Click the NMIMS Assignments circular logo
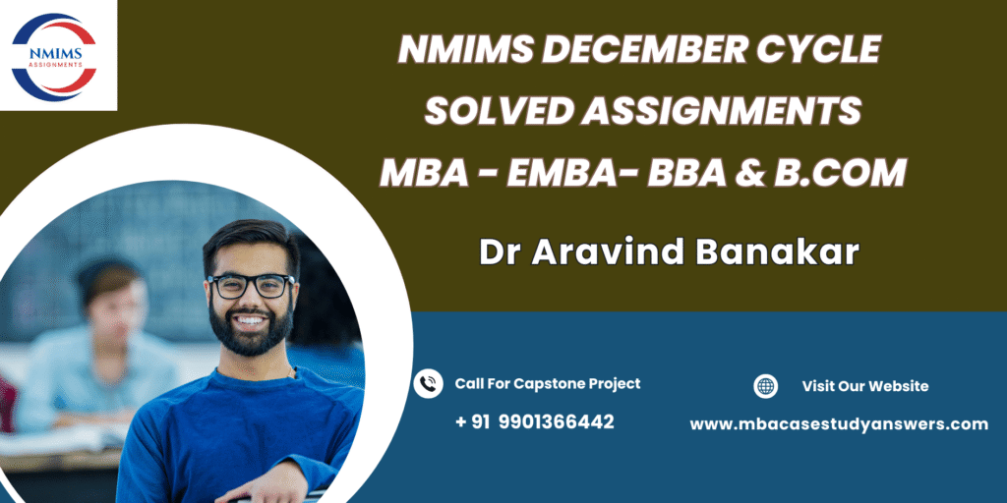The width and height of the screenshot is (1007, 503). point(54,57)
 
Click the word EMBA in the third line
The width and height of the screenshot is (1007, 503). point(565,173)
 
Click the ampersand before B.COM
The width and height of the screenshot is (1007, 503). point(750,173)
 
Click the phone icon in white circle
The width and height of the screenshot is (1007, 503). point(429,384)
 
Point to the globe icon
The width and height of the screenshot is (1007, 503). point(765,386)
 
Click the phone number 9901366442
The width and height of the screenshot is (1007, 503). point(556,421)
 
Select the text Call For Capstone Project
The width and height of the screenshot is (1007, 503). point(548,384)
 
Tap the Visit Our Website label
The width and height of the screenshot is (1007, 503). point(865,386)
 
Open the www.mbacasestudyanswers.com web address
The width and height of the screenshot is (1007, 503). point(839,424)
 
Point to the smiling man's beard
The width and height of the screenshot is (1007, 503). point(251,326)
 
